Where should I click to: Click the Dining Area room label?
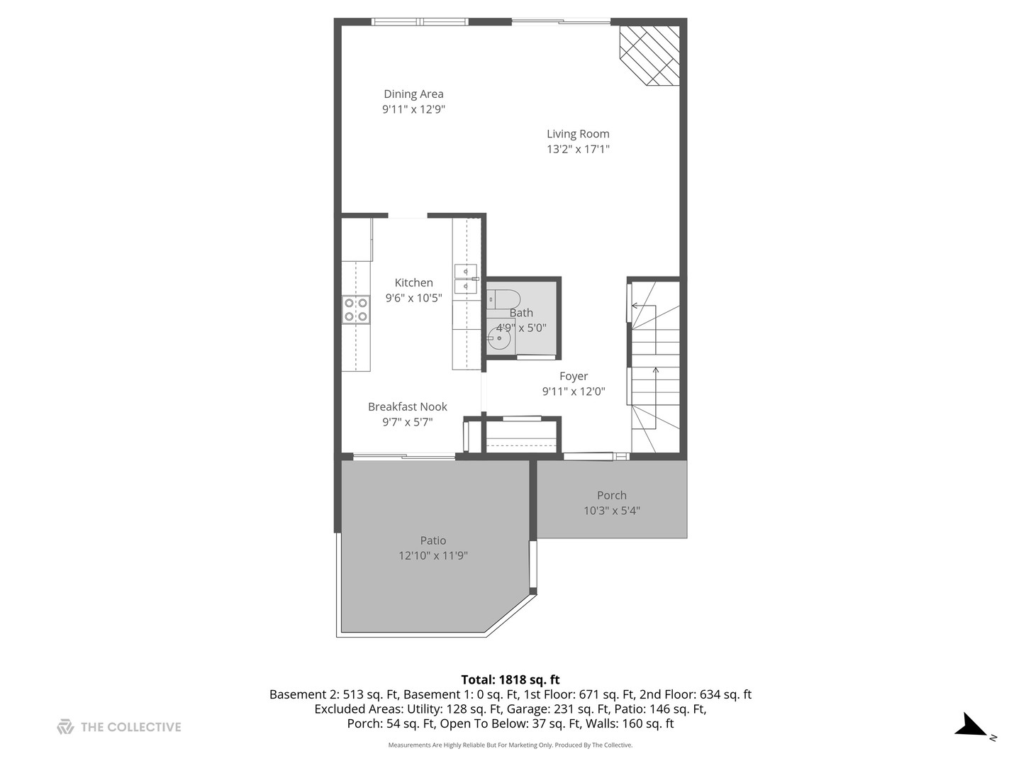(x=413, y=94)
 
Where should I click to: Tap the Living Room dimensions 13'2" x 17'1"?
(x=578, y=149)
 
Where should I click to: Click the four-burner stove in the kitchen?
(x=356, y=310)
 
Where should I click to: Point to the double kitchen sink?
(x=466, y=279)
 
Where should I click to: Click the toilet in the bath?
(x=505, y=299)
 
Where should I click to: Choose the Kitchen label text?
(x=413, y=282)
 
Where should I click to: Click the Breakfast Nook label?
(x=408, y=406)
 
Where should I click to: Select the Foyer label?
(x=574, y=376)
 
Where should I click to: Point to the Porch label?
(x=611, y=495)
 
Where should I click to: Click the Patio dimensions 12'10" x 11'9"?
(x=433, y=555)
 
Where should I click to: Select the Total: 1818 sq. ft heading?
(x=510, y=679)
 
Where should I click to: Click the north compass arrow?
(x=972, y=726)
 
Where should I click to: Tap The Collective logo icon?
(x=65, y=726)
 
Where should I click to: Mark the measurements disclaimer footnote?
(x=510, y=745)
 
